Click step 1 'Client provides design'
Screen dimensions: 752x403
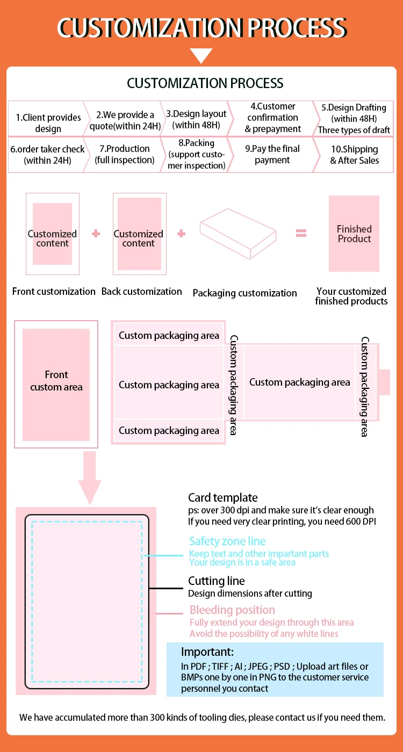pos(48,123)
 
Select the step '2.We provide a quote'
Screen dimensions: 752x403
pos(125,120)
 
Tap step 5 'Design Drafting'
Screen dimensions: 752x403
pos(354,119)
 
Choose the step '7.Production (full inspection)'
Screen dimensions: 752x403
pos(125,154)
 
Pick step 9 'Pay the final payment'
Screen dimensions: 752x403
pos(272,154)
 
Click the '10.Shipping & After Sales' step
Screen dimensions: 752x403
pos(354,155)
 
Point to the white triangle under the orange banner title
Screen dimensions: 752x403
pos(201,55)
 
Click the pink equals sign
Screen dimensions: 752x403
pos(301,233)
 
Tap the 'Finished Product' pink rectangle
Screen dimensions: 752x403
pos(354,234)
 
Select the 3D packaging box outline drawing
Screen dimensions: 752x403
pos(239,233)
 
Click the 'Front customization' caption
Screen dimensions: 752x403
pos(54,292)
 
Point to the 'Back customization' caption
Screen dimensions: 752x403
pos(142,292)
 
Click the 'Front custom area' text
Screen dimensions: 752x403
pos(56,381)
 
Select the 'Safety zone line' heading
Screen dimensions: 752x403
pos(227,541)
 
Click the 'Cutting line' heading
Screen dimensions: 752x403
pos(216,581)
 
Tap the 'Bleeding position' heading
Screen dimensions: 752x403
pos(232,610)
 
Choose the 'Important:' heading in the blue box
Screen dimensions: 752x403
pos(207,653)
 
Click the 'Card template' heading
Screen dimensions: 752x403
pos(222,498)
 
